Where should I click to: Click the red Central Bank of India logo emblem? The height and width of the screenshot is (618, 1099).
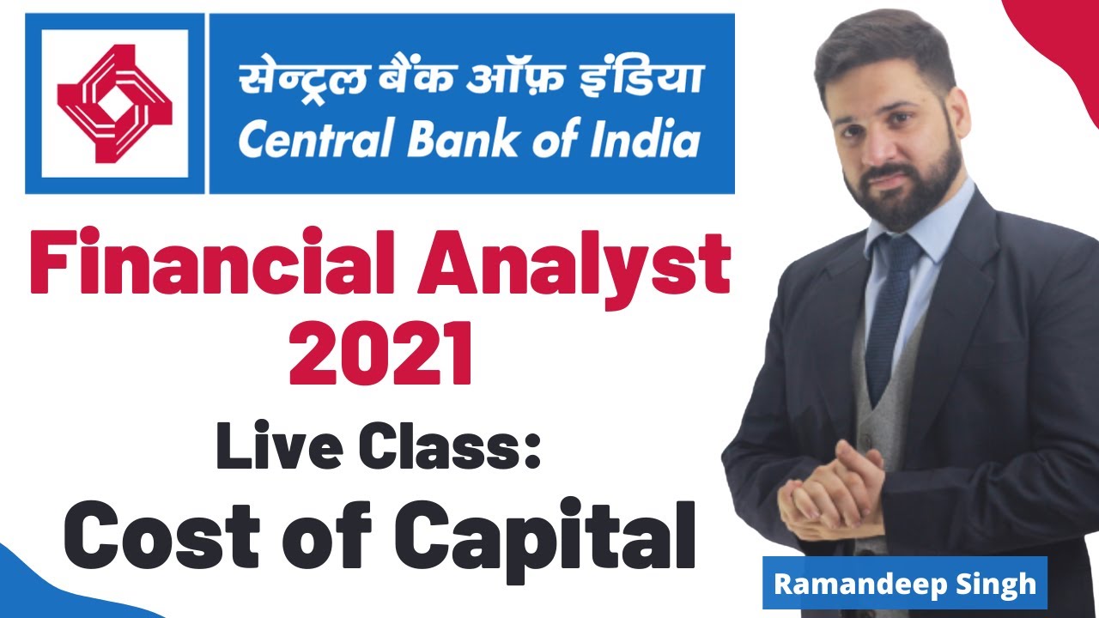pyautogui.click(x=114, y=103)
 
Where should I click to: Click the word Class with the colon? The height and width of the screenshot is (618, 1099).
pyautogui.click(x=447, y=449)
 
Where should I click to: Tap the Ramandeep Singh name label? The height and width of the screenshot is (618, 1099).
pyautogui.click(x=905, y=584)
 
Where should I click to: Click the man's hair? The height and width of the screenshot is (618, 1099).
pyautogui.click(x=884, y=51)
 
